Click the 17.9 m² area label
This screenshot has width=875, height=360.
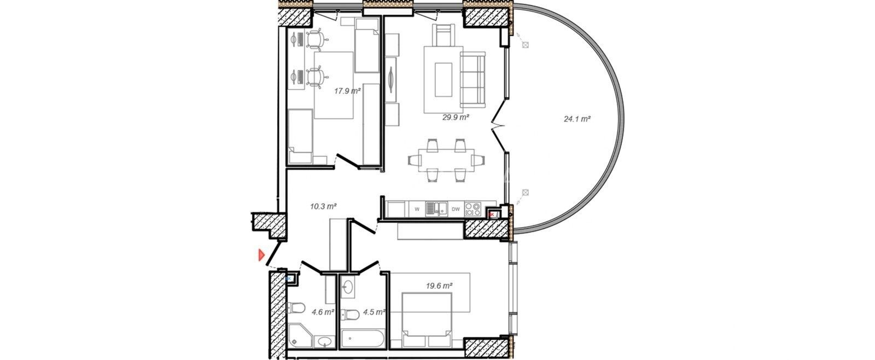(x=347, y=91)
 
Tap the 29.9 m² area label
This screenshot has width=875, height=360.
(x=456, y=117)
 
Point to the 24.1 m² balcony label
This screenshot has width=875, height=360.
(x=577, y=119)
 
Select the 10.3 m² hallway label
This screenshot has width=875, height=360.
(x=323, y=206)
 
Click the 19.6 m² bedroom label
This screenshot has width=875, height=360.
(x=439, y=286)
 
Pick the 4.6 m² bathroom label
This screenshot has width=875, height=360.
(x=323, y=312)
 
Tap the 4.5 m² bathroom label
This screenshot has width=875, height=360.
(x=374, y=312)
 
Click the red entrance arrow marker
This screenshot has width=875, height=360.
(x=261, y=255)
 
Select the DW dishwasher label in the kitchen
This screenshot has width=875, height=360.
(x=456, y=209)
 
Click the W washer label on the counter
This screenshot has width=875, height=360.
(x=417, y=209)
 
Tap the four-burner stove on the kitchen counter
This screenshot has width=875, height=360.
(x=473, y=209)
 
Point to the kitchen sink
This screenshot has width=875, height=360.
(x=437, y=209)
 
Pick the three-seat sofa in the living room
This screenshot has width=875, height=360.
(x=472, y=80)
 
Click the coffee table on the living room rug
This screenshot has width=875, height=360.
(x=444, y=80)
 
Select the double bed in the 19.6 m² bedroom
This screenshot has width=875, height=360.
(x=427, y=320)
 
